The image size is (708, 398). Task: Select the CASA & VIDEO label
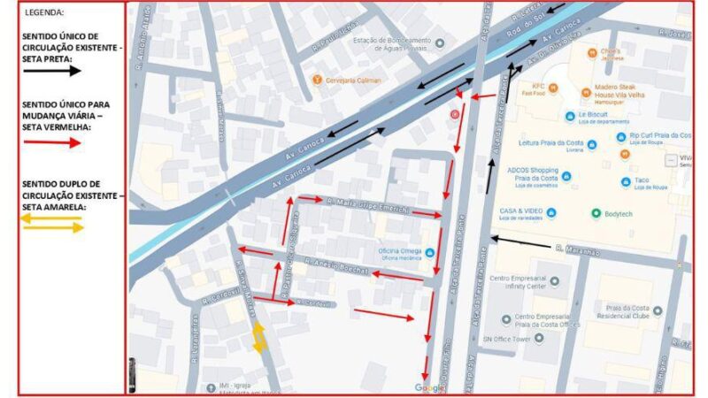520,212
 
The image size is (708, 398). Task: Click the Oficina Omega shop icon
430,253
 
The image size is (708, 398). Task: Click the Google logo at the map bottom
430,387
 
